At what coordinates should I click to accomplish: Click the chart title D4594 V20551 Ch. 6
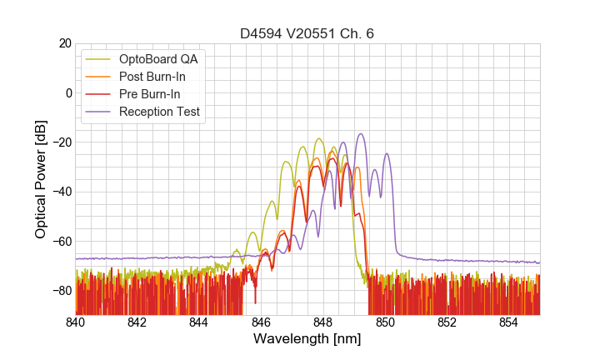point(307,33)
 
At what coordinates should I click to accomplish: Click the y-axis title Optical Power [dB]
point(40,179)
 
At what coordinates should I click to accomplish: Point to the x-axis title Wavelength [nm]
point(307,339)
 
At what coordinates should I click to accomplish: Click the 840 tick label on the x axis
point(76,322)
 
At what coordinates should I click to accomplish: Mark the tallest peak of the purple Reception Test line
point(361,133)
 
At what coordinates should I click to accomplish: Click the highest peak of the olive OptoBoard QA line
point(319,138)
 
